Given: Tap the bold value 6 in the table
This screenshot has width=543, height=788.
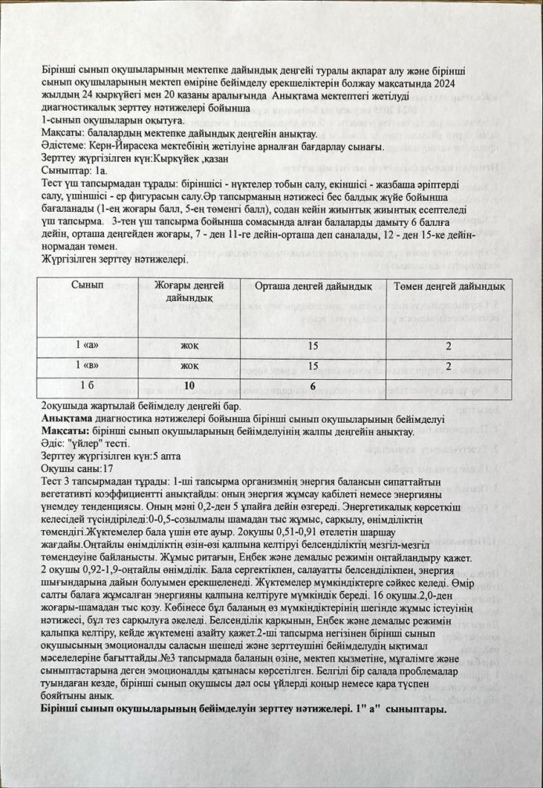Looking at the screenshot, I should tap(312, 385).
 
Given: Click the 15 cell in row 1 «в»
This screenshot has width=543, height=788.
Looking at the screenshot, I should tap(312, 366).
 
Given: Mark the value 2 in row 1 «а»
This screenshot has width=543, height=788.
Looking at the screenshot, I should tap(448, 346).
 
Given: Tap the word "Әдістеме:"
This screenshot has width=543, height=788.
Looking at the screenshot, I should tap(64, 146).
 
